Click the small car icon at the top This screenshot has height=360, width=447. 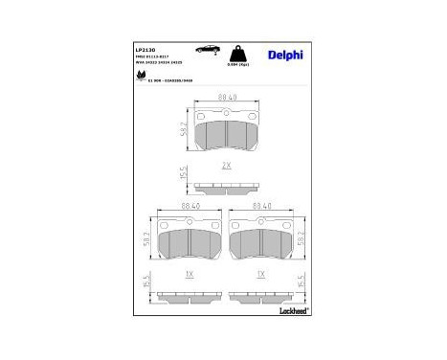[x=205, y=48]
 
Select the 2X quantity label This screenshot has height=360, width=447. [x=227, y=166]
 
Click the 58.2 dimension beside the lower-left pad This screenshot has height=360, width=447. [x=146, y=236]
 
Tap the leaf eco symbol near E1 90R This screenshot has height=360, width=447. [x=141, y=79]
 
